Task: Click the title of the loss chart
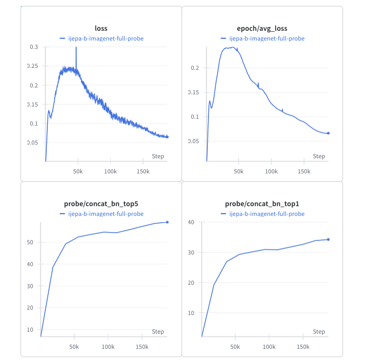(101, 28)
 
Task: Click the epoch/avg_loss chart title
(262, 28)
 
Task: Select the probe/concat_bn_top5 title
(101, 204)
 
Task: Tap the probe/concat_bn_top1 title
(262, 204)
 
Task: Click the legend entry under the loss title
(101, 38)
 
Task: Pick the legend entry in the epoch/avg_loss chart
(263, 38)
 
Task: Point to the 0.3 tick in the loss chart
(34, 47)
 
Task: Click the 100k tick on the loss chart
(110, 171)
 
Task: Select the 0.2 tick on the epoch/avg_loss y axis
(195, 67)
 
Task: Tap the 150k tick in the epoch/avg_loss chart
(304, 171)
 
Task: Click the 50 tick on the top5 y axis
(30, 242)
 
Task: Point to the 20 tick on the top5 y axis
(30, 308)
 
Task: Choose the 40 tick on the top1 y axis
(191, 222)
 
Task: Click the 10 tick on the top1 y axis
(191, 313)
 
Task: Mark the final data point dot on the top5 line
(167, 222)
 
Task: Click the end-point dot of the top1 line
(328, 239)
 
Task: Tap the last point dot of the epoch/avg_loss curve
(328, 133)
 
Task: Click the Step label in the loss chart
(158, 156)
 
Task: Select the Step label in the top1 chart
(319, 332)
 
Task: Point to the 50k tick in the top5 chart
(74, 347)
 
